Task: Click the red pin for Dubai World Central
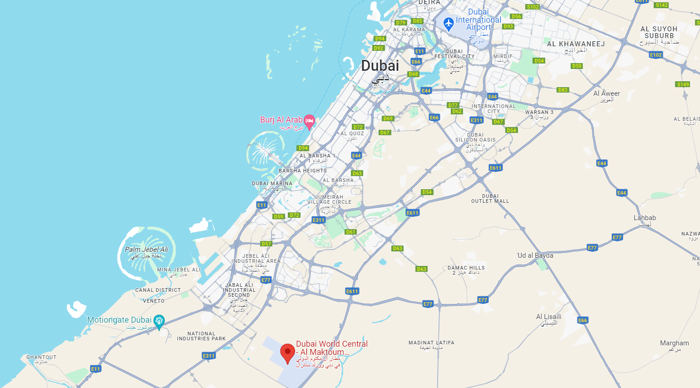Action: [287, 353]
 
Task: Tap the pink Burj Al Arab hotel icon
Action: [309, 121]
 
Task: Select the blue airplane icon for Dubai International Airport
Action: [449, 23]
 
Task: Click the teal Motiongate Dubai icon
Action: [159, 321]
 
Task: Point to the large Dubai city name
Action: [380, 66]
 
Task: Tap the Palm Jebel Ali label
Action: [146, 250]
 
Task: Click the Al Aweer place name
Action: [606, 93]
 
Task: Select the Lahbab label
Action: [645, 218]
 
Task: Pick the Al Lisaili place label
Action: [549, 317]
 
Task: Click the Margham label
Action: [674, 343]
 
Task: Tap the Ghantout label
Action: [41, 357]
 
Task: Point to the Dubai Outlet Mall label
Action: [490, 199]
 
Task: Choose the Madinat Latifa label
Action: [431, 343]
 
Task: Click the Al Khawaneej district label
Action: [576, 44]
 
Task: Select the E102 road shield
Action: [656, 55]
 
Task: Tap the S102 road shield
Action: [532, 7]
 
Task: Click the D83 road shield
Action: [563, 90]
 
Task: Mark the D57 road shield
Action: [266, 244]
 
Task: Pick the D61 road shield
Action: [350, 232]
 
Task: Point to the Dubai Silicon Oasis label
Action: [475, 138]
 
